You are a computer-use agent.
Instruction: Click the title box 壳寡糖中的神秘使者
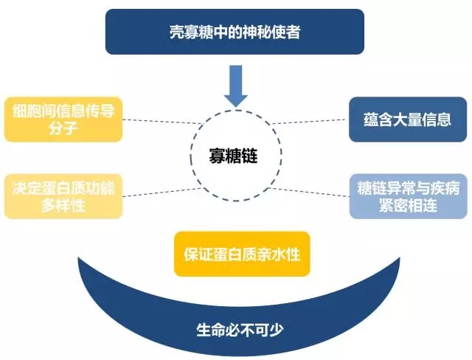(235, 32)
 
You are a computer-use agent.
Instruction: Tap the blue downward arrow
(236, 86)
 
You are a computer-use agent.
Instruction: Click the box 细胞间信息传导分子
(63, 120)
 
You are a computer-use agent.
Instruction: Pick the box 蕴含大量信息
(408, 120)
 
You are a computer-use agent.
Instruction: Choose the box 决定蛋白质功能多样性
(63, 196)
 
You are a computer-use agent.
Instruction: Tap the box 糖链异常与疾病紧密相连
(408, 196)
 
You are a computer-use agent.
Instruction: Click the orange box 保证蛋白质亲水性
(242, 254)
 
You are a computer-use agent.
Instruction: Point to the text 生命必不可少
(240, 330)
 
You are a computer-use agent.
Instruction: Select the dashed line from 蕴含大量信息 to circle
(308, 122)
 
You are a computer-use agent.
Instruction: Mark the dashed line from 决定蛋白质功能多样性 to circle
(163, 193)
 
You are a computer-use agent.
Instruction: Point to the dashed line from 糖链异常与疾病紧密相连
(309, 193)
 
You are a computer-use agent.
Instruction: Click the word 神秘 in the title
(257, 32)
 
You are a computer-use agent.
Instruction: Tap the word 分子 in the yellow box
(63, 128)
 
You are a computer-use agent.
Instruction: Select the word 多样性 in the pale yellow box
(63, 205)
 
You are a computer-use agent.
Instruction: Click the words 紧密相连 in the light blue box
(408, 205)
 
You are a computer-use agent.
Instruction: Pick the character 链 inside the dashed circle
(249, 156)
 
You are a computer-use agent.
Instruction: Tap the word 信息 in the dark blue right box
(437, 120)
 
